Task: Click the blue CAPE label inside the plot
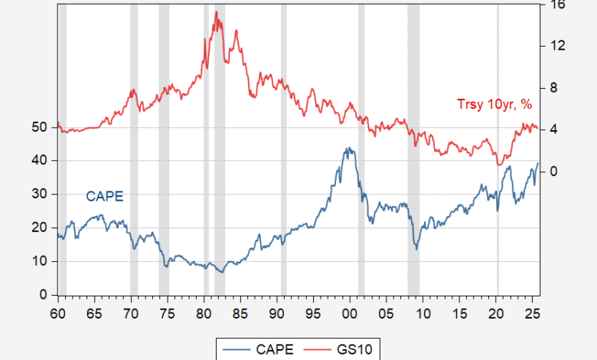tap(104, 196)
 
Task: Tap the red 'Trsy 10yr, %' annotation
tap(494, 104)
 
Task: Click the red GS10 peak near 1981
tap(217, 12)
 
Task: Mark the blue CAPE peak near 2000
tap(349, 149)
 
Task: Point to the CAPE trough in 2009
tap(416, 248)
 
